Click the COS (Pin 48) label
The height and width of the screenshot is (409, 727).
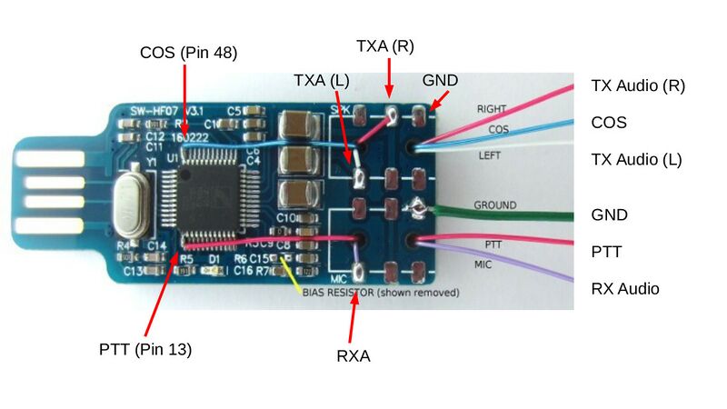point(188,53)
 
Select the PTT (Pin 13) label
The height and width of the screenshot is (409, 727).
point(145,349)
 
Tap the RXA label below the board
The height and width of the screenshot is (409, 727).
point(353,356)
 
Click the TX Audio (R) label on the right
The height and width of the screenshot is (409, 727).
point(637,86)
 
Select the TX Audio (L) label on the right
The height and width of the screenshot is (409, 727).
point(636,160)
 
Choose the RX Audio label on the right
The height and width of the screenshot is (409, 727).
point(624,289)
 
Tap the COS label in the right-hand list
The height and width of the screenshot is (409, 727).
point(609,123)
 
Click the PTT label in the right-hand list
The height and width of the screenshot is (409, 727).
point(606,252)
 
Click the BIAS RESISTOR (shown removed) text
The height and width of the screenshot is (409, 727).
point(381,294)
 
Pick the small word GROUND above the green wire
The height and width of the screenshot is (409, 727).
point(494,205)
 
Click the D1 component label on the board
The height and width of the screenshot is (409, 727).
point(214,259)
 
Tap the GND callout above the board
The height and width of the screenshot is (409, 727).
point(440,80)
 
